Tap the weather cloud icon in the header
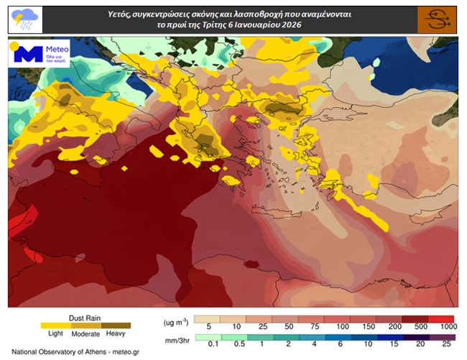tap(22, 19)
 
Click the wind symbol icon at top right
tap(437, 19)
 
